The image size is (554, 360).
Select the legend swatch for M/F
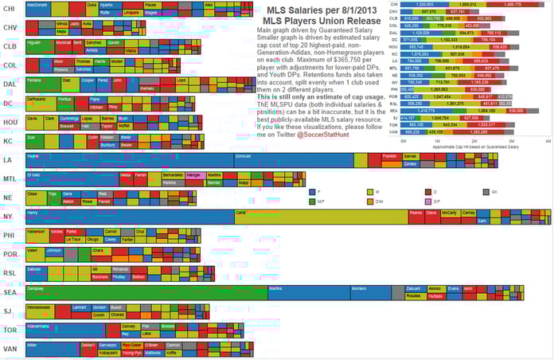pyautogui.click(x=311, y=202)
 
